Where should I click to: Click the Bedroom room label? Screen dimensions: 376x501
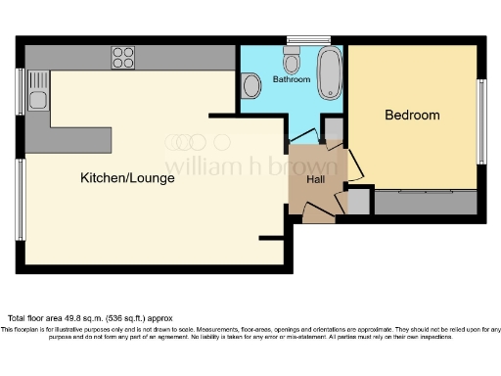(411, 116)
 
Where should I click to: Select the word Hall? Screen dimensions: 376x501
(316, 179)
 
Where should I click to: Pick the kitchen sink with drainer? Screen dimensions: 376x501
(39, 90)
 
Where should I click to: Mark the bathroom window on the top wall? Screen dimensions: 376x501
(295, 39)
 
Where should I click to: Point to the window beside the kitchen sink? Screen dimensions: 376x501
(19, 90)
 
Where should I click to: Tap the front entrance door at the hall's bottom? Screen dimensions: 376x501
(316, 210)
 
